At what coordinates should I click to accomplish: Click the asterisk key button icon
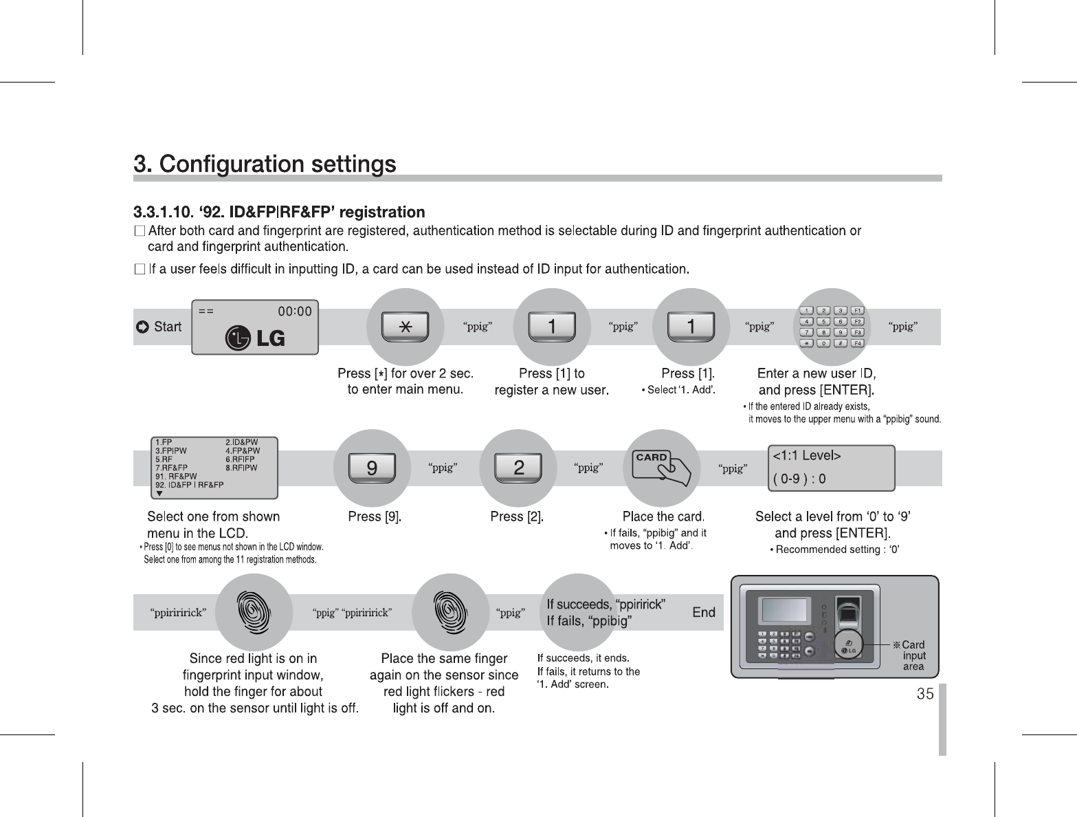click(406, 327)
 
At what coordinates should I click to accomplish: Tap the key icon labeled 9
click(371, 468)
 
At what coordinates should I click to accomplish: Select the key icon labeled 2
click(518, 468)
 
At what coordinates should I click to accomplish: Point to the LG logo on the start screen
click(255, 338)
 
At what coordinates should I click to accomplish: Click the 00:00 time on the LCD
click(294, 311)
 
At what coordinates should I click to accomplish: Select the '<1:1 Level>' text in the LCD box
click(807, 456)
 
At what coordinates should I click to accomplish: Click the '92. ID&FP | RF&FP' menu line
click(190, 485)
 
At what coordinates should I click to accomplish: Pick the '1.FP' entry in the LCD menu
click(164, 442)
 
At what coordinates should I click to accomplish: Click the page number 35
click(925, 694)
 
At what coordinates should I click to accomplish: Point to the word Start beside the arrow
click(168, 327)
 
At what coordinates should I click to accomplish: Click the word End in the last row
click(704, 612)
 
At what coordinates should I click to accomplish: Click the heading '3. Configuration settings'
click(265, 164)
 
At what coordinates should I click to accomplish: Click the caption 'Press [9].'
click(375, 516)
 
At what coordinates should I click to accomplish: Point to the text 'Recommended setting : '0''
click(838, 549)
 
